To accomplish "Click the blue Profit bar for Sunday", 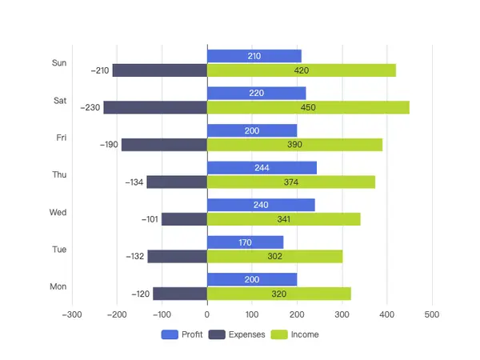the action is [254, 56].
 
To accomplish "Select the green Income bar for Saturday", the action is [309, 107].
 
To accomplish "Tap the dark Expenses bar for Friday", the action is [164, 145].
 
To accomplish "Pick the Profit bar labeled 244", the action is [262, 168].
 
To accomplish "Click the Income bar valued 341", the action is [284, 219].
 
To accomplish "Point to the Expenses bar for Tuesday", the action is [178, 257].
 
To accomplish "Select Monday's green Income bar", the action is [279, 294].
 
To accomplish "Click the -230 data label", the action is [90, 107].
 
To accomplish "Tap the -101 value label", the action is [150, 219].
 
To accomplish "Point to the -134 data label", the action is [134, 182].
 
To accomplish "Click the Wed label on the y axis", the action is [58, 212].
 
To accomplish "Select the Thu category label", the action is [59, 174].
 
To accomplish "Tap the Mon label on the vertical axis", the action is [58, 286].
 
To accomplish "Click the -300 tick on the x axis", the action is [72, 314].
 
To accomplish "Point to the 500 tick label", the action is [432, 314].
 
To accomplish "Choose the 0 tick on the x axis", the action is [207, 314].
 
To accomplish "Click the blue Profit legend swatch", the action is [170, 334].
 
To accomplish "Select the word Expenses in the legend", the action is [246, 334].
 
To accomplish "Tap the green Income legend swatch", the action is [279, 334].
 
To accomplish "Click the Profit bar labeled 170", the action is [246, 242].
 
